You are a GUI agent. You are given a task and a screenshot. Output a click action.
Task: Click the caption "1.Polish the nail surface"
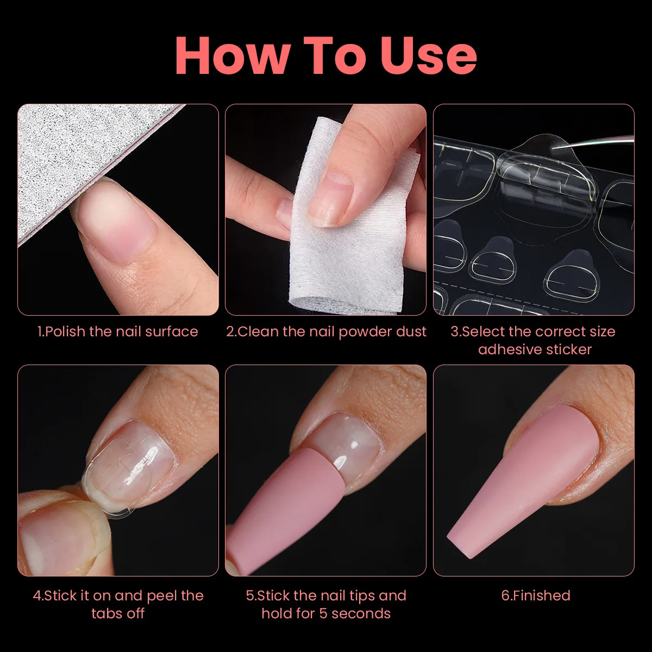[118, 331]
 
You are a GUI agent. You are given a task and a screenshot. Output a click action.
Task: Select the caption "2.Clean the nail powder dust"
[326, 332]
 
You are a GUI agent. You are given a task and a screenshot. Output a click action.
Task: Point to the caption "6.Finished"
[536, 595]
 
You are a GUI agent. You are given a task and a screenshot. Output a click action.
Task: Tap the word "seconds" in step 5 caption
[361, 613]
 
